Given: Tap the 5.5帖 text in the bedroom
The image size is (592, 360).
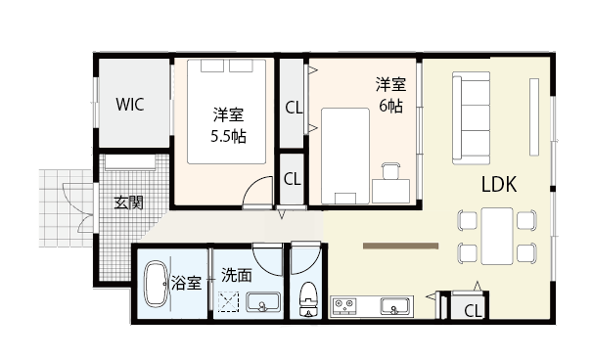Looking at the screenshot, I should pyautogui.click(x=228, y=136).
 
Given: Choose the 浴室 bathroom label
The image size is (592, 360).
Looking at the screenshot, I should pyautogui.click(x=187, y=284).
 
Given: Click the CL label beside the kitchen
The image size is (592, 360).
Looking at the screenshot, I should pyautogui.click(x=472, y=311).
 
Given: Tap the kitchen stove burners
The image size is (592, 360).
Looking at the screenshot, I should pyautogui.click(x=345, y=307).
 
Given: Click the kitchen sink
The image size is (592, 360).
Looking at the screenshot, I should pyautogui.click(x=395, y=306).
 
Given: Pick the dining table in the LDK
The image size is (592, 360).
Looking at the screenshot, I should pyautogui.click(x=499, y=236).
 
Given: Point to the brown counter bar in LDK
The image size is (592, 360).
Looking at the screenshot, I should pyautogui.click(x=401, y=245).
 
